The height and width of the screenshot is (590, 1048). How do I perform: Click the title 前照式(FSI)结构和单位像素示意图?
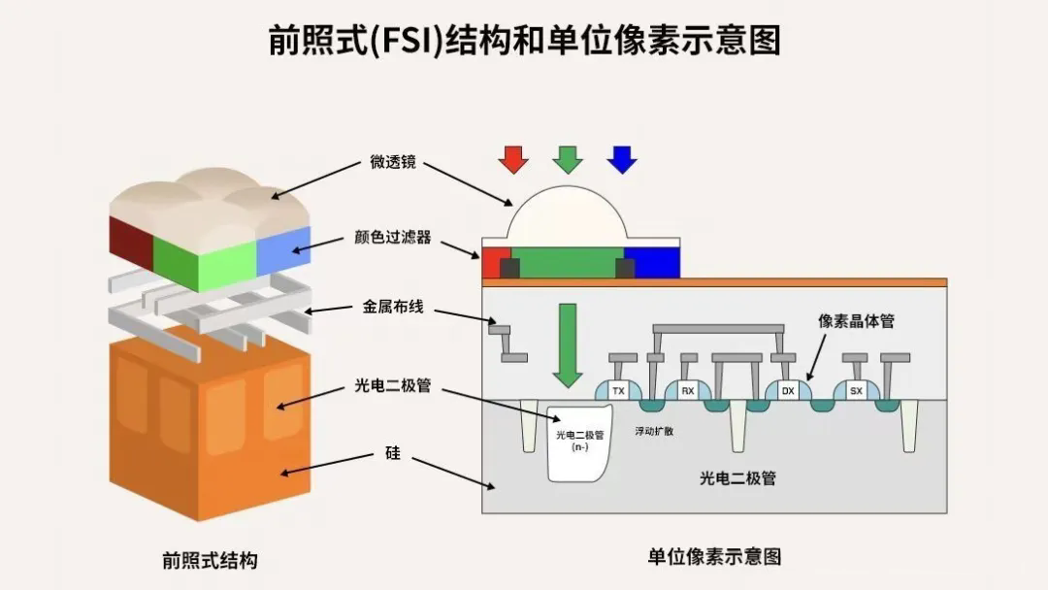[x=524, y=41]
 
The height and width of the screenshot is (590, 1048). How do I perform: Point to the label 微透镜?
[x=393, y=162]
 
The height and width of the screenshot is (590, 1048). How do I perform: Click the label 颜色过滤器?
[x=393, y=237]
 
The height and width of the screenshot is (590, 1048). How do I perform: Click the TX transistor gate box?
[x=618, y=391]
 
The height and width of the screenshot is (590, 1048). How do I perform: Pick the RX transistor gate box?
[x=688, y=391]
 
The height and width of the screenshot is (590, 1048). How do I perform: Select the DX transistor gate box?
[x=788, y=391]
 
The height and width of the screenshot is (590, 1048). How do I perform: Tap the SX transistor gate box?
[x=856, y=391]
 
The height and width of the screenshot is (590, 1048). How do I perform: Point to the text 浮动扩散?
[x=654, y=430]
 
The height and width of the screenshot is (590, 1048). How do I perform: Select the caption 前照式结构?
[x=210, y=560]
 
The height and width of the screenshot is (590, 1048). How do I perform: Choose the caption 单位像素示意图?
[x=714, y=556]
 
